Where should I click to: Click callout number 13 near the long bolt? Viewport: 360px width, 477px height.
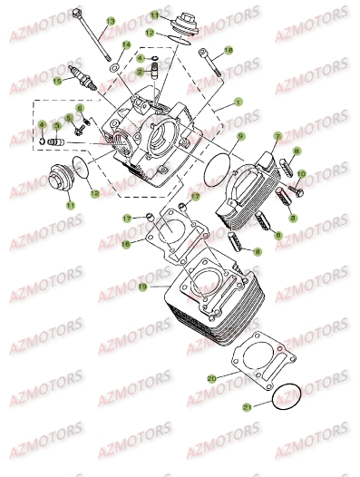click(111, 21)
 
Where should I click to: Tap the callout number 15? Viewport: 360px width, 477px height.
click(57, 81)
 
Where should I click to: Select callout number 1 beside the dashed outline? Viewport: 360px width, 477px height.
click(238, 103)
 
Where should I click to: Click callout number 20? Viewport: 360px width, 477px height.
click(211, 377)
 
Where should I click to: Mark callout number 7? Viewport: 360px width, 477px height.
click(277, 136)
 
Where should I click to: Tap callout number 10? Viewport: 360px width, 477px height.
click(301, 172)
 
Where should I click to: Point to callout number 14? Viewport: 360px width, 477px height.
click(126, 44)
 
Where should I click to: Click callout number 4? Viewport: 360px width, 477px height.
click(41, 124)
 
